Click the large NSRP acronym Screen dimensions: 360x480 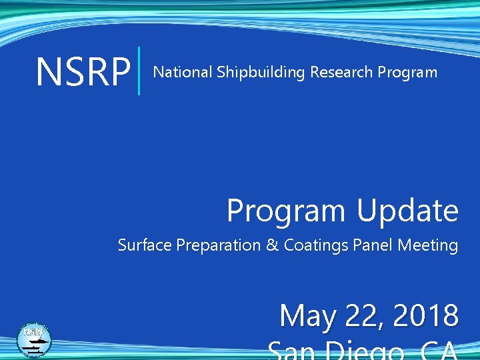pos(83,72)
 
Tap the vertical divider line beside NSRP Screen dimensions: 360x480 pos(139,71)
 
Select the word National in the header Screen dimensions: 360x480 pos(183,72)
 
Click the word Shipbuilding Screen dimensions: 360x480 pos(261,73)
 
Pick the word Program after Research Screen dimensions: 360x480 pos(407,73)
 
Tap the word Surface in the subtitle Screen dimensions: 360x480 pos(145,245)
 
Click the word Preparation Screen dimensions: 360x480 pos(218,246)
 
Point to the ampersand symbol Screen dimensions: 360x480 pos(272,245)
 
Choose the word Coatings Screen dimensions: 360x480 pos(317,246)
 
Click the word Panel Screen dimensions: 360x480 pos(373,245)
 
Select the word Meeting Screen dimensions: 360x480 pos(428,246)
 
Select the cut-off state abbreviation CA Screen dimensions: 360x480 pos(436,352)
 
